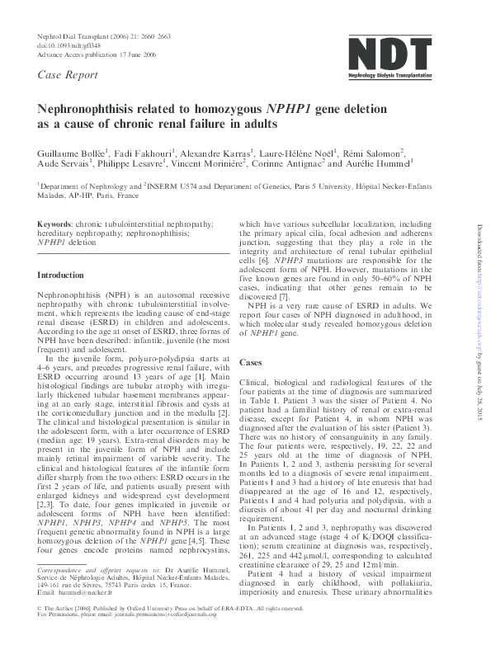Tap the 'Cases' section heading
(x=250, y=362)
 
